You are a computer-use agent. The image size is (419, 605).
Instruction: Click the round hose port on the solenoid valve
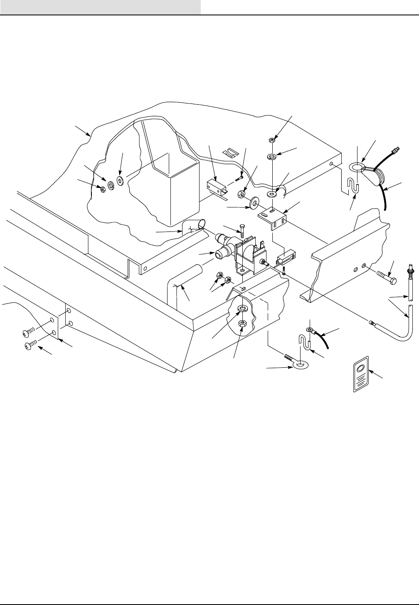tap(219, 253)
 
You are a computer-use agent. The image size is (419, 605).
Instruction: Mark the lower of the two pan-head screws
tap(29, 344)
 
